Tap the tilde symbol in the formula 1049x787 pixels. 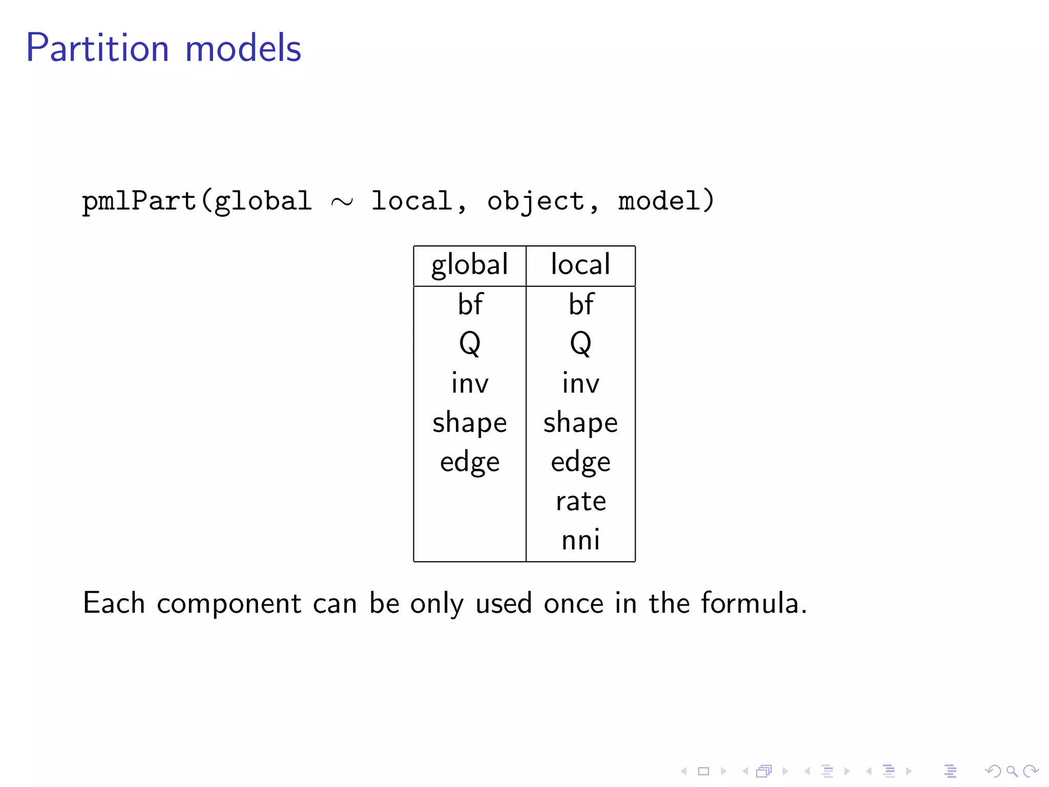pyautogui.click(x=342, y=202)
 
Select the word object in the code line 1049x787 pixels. pyautogui.click(x=535, y=201)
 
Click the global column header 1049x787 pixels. pyautogui.click(x=470, y=265)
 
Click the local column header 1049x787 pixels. pyautogui.click(x=580, y=264)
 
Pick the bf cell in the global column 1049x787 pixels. pyautogui.click(x=470, y=304)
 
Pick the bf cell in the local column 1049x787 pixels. pyautogui.click(x=581, y=304)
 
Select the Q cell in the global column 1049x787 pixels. pyautogui.click(x=470, y=343)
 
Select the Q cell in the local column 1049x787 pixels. pyautogui.click(x=581, y=343)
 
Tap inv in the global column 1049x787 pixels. pyautogui.click(x=470, y=383)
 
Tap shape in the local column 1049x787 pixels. pyautogui.click(x=580, y=423)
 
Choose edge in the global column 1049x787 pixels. pyautogui.click(x=470, y=463)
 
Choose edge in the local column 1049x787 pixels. pyautogui.click(x=580, y=463)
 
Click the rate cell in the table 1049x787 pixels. pyautogui.click(x=581, y=501)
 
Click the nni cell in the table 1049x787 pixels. pyautogui.click(x=580, y=541)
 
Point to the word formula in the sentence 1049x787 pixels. pyautogui.click(x=753, y=603)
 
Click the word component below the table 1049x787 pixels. pyautogui.click(x=229, y=604)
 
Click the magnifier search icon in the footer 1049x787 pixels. pyautogui.click(x=1012, y=771)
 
